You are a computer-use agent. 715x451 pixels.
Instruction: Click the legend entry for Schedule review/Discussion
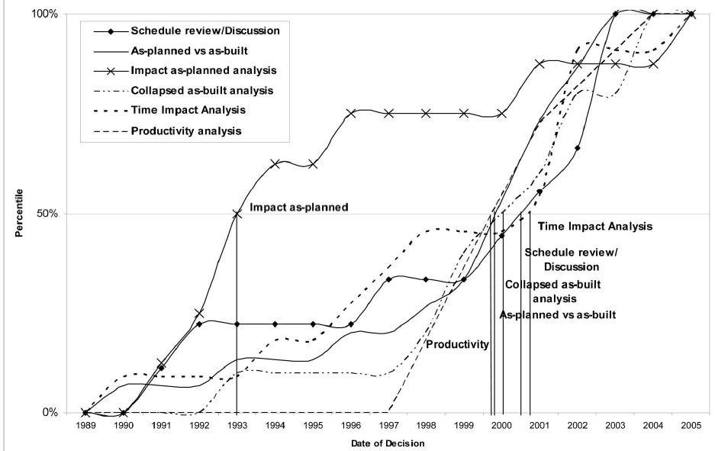(205, 31)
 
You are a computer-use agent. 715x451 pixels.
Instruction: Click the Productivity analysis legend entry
(186, 130)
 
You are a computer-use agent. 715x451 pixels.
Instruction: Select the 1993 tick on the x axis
(237, 426)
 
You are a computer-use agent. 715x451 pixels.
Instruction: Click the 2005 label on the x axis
(691, 426)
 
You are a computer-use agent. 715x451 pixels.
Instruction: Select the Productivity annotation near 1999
(457, 345)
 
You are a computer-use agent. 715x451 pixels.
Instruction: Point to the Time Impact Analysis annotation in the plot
(595, 227)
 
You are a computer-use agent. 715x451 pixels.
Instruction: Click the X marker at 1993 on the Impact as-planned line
(237, 214)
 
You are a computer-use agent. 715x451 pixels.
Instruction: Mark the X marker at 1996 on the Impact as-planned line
(350, 113)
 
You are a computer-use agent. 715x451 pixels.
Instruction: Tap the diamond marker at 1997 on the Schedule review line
(388, 279)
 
